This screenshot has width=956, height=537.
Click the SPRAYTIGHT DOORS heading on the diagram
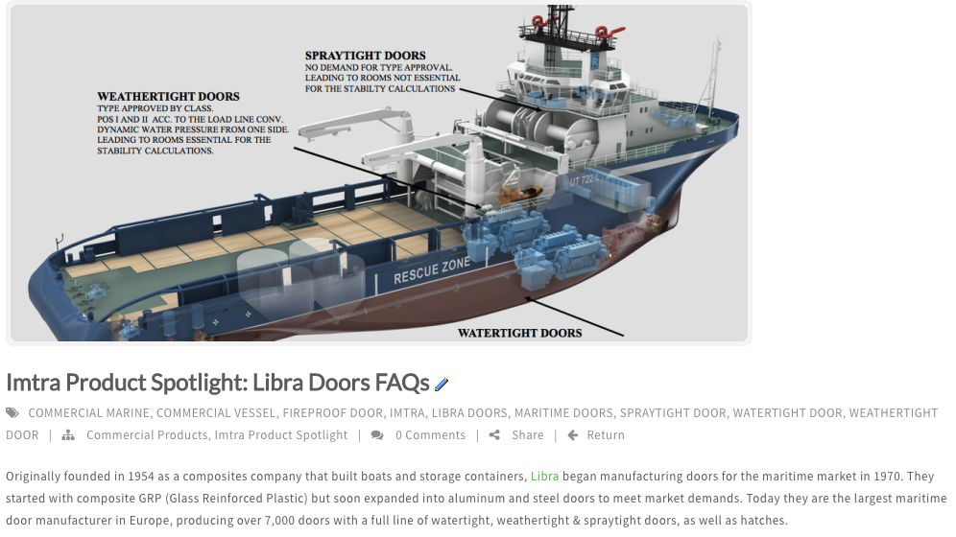tap(365, 56)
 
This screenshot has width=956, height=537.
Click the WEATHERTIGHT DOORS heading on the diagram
tap(168, 96)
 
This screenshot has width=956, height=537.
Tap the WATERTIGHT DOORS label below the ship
tap(519, 333)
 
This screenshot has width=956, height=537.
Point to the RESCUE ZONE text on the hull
tap(432, 271)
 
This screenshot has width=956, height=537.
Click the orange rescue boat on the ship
tap(520, 195)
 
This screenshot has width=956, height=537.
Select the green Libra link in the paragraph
tap(544, 477)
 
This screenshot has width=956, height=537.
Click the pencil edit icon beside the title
tap(442, 385)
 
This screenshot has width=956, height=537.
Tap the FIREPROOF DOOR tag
tap(332, 412)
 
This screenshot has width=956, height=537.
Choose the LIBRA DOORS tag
tap(469, 412)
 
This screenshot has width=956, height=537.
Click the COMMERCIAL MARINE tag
tap(88, 412)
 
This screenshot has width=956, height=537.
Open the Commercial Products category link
tap(147, 434)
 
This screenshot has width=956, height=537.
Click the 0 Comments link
tap(430, 434)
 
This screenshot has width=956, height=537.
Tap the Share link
tap(527, 434)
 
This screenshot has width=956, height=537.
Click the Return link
tap(606, 434)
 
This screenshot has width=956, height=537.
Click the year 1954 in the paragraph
tap(139, 477)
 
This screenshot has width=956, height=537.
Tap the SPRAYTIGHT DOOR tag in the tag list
tap(673, 412)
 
